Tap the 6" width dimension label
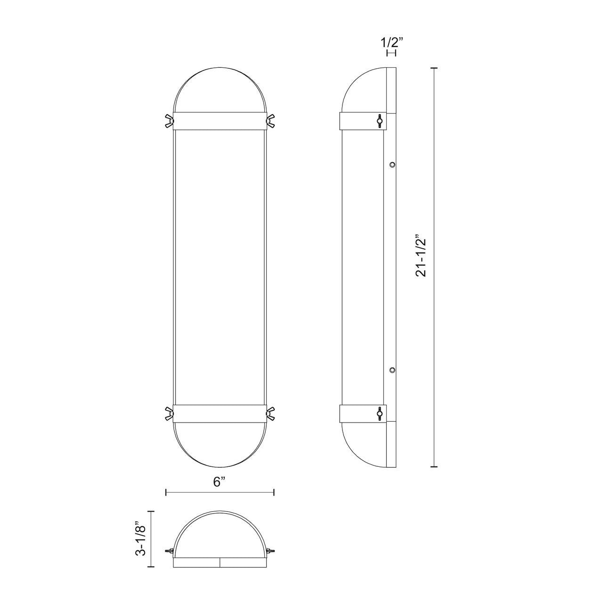[x=220, y=482]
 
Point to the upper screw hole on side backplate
[x=392, y=164]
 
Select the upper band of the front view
[x=220, y=121]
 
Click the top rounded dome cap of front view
[x=220, y=90]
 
